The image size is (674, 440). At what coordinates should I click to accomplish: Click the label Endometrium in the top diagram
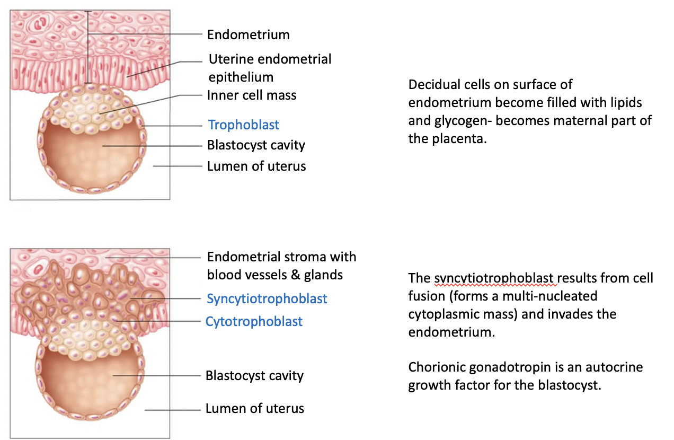tap(248, 35)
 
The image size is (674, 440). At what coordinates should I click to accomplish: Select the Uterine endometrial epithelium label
tap(270, 67)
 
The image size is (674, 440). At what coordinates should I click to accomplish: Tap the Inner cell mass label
tap(252, 95)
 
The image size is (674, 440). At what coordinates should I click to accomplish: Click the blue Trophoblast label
tap(244, 125)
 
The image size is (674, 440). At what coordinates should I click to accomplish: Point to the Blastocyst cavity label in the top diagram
tap(256, 145)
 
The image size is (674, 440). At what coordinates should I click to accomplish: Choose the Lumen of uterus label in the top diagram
tap(256, 166)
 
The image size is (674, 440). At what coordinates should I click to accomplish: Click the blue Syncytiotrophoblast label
tap(267, 299)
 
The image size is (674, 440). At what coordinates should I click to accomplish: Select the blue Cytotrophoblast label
tap(254, 322)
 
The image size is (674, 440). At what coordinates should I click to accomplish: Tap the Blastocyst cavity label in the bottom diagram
tap(254, 376)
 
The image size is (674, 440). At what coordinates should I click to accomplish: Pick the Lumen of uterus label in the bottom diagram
tap(255, 409)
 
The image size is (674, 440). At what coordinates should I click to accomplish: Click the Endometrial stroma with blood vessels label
tap(281, 266)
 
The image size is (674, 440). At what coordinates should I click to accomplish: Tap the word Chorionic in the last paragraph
tap(435, 367)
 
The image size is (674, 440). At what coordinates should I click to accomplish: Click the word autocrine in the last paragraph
tap(616, 367)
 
